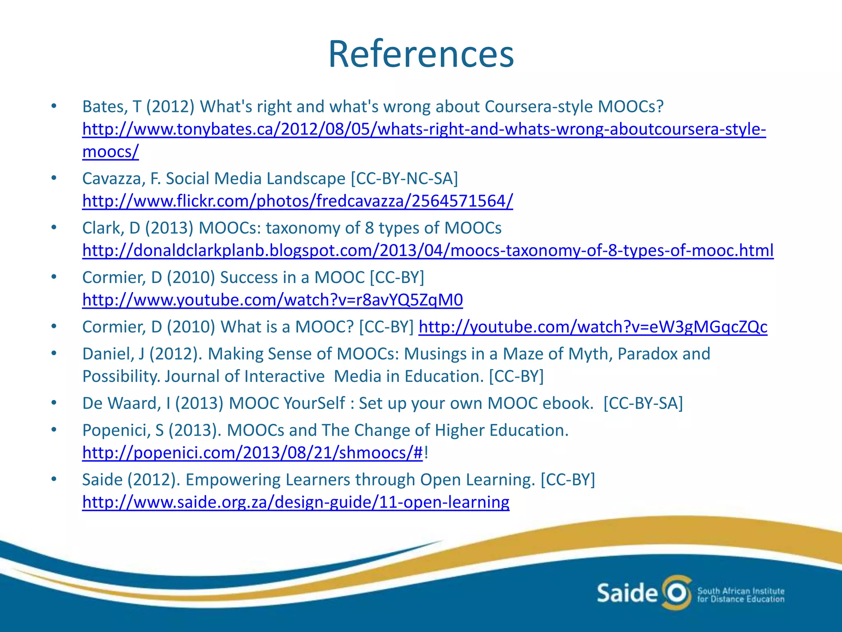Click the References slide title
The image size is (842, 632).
coord(421,54)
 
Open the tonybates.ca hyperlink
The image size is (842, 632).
coord(423,130)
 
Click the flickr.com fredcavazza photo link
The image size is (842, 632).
coord(298,201)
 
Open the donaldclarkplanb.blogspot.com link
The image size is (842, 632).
coord(428,251)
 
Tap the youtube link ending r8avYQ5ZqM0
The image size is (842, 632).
coord(272,300)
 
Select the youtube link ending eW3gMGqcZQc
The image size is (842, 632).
coord(593,327)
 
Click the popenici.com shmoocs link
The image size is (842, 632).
coord(252,453)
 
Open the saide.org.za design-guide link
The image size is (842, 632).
coord(296,502)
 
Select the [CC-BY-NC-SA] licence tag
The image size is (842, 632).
coord(404,179)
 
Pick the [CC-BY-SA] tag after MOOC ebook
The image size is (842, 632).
coord(643,404)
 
